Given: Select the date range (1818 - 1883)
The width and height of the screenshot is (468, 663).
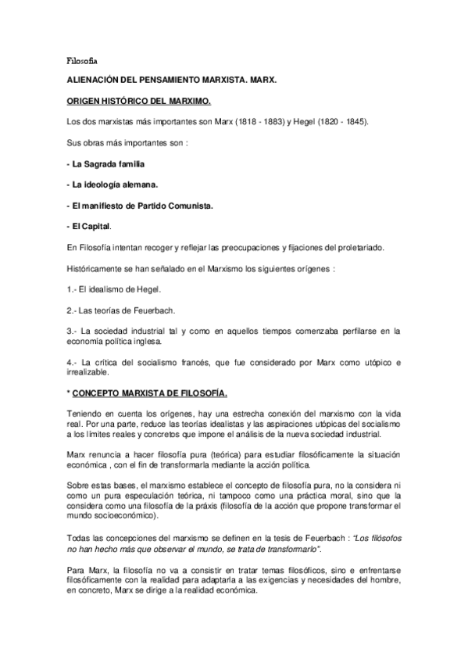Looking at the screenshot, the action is tap(267, 124).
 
